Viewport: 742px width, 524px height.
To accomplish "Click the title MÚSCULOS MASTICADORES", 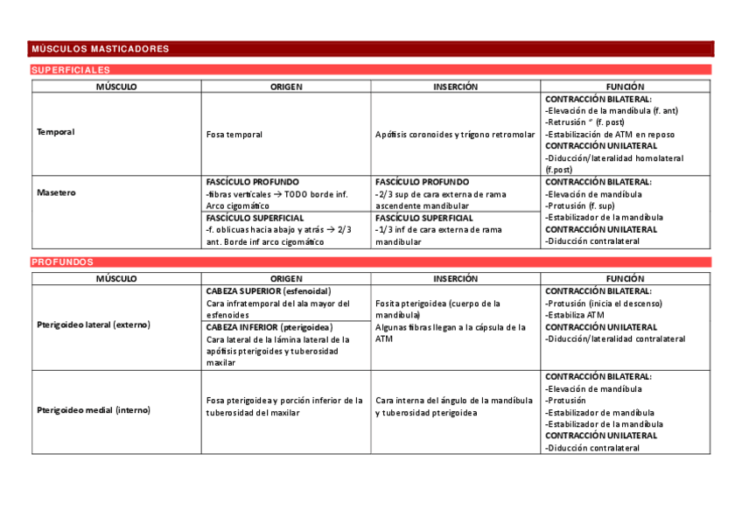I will [x=100, y=49].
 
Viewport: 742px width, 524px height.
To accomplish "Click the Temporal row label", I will [x=55, y=132].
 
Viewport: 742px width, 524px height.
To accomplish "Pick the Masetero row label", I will [x=56, y=192].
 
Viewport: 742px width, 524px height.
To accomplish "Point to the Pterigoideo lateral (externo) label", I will [x=94, y=325].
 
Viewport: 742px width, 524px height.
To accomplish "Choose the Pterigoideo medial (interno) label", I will [x=94, y=409].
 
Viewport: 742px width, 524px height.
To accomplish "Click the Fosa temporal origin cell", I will [x=234, y=135].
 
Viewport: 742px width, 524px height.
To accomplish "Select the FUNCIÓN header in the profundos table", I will [x=625, y=278].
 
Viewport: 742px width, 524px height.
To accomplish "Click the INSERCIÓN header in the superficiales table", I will [x=456, y=87].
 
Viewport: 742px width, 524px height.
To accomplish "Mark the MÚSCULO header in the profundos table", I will [x=116, y=278].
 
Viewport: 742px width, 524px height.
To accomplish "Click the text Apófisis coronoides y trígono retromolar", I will [x=455, y=135].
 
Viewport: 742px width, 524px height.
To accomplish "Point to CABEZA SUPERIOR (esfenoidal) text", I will [x=268, y=291].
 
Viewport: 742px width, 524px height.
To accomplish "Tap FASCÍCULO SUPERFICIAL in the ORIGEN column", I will [x=255, y=218].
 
